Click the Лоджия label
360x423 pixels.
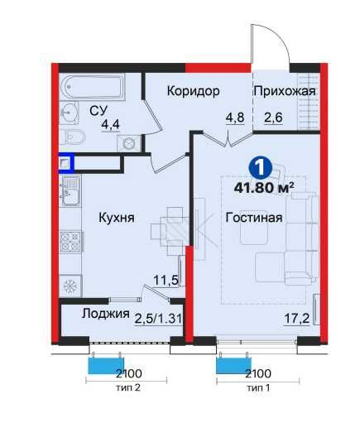coord(106,314)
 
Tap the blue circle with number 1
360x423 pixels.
coord(260,166)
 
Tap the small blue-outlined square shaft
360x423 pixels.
coord(65,163)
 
